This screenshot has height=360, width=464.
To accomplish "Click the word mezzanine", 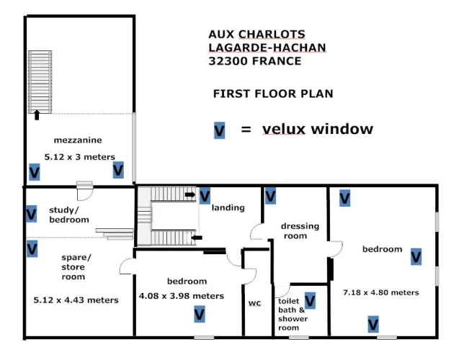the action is tap(78, 140).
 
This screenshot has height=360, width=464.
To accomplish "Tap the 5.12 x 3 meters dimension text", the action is tap(79, 157).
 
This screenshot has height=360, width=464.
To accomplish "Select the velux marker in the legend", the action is tap(219, 130).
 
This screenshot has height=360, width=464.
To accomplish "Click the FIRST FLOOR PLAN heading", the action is tap(273, 94).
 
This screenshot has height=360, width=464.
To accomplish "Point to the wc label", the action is tap(255, 303).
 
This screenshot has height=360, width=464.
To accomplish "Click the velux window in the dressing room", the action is tap(270, 196).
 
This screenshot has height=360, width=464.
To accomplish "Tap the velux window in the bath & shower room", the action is tap(310, 300).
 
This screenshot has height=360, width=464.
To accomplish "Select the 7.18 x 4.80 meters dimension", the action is tap(381, 292).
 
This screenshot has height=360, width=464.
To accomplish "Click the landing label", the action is tap(228, 207).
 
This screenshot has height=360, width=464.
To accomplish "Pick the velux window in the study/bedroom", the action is tap(32, 214).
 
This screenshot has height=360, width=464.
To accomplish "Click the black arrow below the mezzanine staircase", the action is tap(37, 115).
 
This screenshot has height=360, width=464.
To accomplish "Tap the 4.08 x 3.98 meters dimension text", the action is tap(182, 296).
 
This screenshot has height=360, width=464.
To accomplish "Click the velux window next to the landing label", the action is tap(205, 196).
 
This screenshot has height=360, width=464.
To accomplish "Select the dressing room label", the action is tap(300, 230).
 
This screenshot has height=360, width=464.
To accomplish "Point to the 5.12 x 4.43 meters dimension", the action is tap(76, 300).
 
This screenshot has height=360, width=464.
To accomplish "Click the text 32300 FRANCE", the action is tap(255, 61).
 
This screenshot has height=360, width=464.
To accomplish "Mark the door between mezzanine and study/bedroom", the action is tap(84, 191).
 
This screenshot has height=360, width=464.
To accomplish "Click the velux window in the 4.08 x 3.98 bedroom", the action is tap(200, 314).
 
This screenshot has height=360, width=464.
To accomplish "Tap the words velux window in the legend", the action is tap(318, 129).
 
